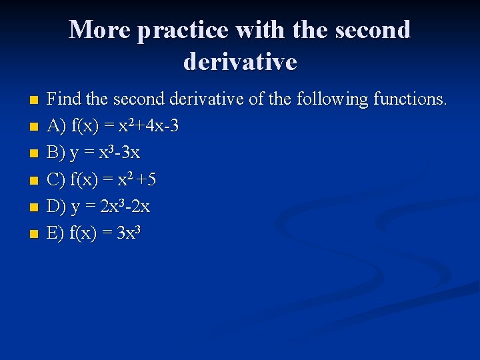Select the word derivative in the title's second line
[240, 61]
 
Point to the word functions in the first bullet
[409, 99]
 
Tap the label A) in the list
[56, 127]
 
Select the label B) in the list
[56, 153]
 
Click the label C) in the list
[56, 180]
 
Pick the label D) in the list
[57, 207]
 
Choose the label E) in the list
[56, 233]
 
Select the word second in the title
[374, 29]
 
